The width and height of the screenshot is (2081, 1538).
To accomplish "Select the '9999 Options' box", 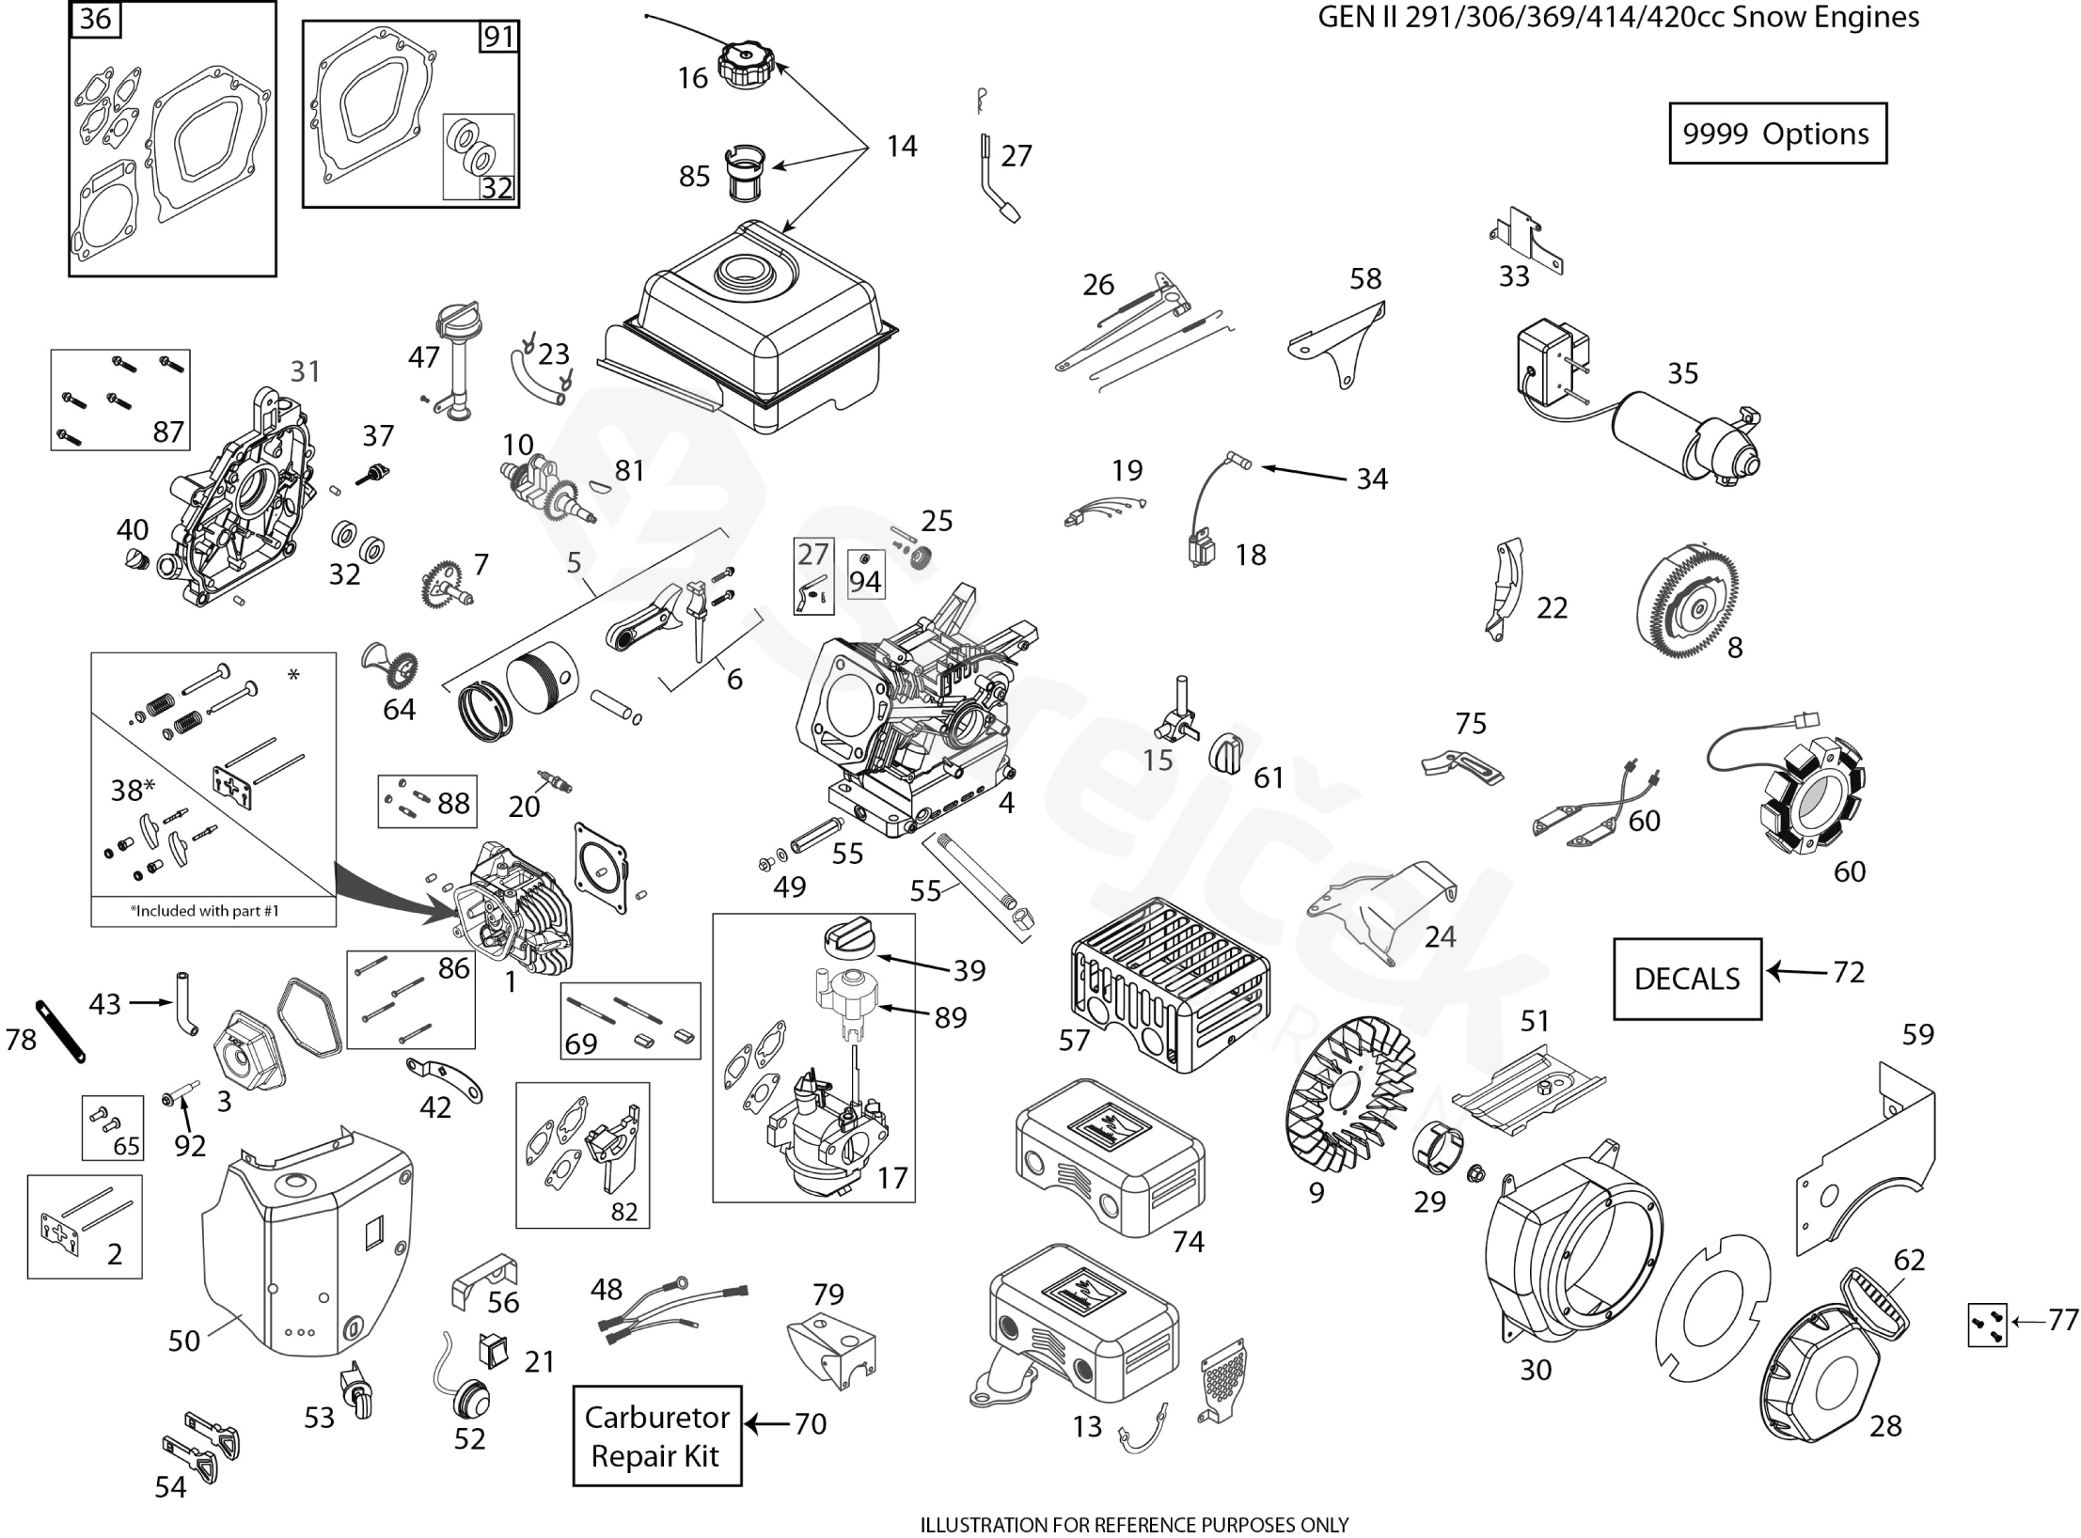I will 1776,133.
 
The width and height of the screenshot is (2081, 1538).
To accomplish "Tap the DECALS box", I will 1686,979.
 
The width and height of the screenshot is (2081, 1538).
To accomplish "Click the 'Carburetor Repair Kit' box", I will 656,1436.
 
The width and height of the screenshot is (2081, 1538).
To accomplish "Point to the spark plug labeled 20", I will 553,781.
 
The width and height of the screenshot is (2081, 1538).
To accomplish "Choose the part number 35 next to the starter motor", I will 1682,373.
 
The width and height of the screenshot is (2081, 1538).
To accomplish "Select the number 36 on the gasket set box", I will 96,19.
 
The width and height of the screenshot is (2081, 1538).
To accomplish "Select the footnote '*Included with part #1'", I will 204,911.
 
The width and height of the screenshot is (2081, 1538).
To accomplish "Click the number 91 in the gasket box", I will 497,37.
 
